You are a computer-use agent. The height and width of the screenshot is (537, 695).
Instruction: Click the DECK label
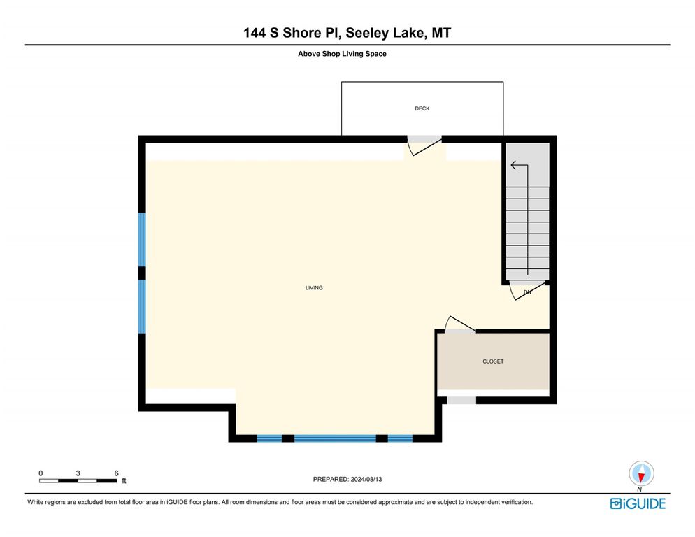422,108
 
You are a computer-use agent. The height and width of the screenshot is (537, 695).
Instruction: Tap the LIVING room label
314,288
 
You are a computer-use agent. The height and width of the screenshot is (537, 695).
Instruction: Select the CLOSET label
493,361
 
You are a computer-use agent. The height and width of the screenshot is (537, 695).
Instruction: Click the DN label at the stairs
527,292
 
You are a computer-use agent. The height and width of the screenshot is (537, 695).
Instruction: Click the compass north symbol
640,474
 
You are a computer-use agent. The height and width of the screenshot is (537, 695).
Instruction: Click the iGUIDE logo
637,503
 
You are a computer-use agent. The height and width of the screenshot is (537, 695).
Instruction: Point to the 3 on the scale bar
78,473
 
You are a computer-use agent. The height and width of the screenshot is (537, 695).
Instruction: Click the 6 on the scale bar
115,473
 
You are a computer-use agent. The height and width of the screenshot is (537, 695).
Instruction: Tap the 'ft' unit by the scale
124,481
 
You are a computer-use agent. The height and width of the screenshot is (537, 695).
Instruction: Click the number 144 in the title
255,33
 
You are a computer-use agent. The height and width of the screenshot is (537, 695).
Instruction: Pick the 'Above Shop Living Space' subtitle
342,53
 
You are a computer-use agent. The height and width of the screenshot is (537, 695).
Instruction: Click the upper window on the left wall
142,239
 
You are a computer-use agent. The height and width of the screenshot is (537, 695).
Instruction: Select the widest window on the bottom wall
335,438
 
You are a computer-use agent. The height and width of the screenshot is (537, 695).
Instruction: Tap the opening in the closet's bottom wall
461,401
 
